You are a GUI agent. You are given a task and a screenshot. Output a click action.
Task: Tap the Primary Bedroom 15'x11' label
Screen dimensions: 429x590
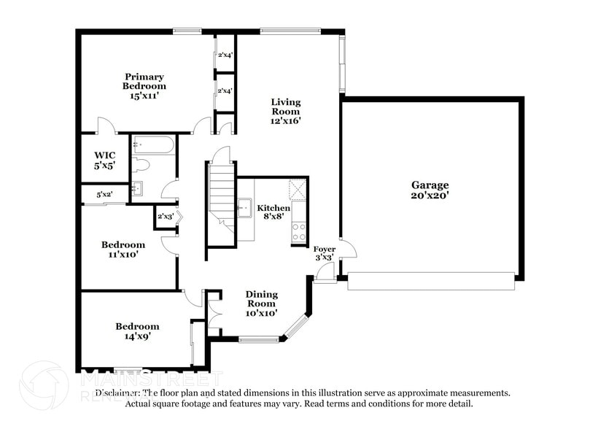click(144, 86)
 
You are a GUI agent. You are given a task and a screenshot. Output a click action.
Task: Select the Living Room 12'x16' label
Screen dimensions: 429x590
click(286, 112)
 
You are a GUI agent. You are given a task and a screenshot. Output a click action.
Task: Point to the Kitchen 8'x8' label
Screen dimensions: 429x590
click(273, 212)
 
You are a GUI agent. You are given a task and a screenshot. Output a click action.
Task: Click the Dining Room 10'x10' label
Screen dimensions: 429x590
click(260, 304)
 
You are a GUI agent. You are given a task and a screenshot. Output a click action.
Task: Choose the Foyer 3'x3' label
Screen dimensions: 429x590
click(325, 253)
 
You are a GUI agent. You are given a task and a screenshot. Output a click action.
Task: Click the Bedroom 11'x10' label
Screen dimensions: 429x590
click(123, 250)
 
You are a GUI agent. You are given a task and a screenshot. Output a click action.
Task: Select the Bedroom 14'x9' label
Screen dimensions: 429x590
click(137, 331)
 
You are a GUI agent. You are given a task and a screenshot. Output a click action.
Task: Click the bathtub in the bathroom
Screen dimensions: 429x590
click(153, 145)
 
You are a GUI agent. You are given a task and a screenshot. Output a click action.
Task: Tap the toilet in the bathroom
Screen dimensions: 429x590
click(141, 166)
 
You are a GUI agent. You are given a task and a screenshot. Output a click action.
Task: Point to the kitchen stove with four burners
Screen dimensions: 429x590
click(299, 232)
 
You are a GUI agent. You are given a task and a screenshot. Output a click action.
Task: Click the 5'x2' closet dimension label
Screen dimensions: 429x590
click(105, 195)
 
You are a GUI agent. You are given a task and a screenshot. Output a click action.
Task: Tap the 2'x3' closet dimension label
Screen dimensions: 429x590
click(165, 217)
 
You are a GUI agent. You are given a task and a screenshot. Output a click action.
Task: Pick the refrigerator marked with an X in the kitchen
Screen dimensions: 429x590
click(298, 190)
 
